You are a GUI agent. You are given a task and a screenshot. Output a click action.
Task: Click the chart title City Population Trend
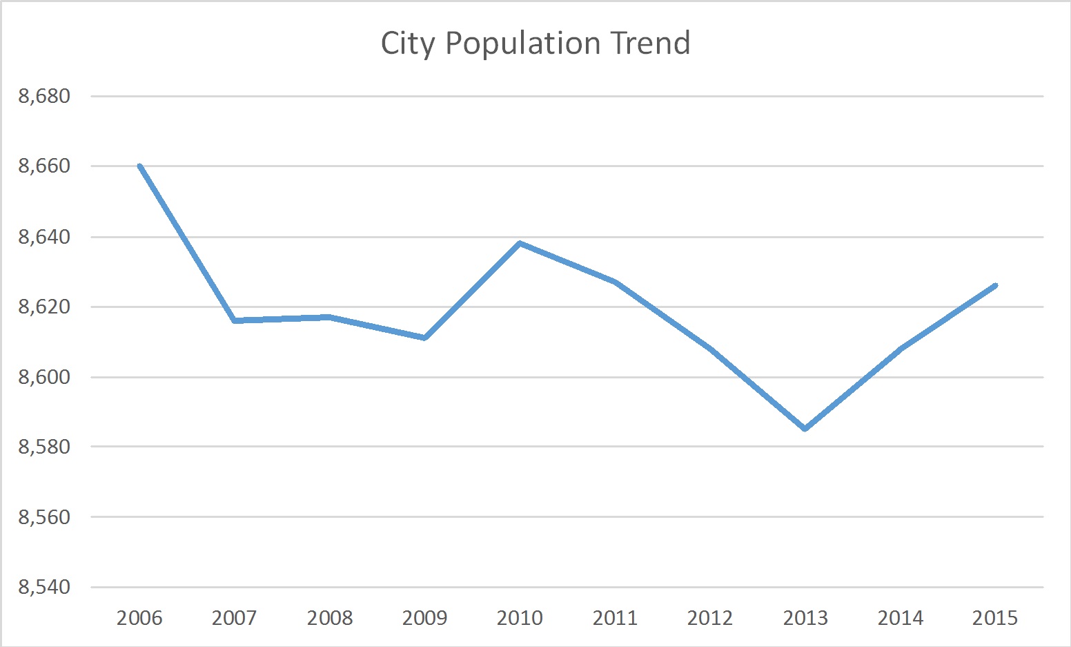(535, 44)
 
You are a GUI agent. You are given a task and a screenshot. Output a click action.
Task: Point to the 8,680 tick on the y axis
(45, 96)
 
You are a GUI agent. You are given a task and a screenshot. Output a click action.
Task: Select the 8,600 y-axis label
(45, 377)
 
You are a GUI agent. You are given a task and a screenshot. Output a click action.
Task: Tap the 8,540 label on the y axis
(45, 588)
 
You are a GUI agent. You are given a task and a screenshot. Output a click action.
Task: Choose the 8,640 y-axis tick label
(45, 237)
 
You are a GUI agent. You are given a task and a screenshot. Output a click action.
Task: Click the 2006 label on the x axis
(139, 617)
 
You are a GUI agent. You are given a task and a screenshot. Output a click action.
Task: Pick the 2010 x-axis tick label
(520, 617)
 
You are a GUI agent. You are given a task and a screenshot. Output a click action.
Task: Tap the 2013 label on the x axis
(805, 617)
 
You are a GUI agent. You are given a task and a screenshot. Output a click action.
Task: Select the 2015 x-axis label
(995, 617)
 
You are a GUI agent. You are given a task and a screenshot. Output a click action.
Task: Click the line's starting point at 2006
(139, 166)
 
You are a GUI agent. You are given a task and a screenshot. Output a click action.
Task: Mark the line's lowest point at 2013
(805, 429)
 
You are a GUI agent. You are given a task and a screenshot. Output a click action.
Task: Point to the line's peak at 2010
(520, 243)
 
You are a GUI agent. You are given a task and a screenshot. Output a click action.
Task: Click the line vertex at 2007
(235, 320)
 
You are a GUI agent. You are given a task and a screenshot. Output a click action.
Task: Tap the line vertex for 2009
(425, 338)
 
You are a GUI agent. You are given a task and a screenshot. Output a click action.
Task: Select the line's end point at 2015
(995, 285)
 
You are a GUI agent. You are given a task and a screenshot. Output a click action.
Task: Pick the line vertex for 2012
(710, 349)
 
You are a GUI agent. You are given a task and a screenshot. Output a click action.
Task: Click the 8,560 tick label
(45, 517)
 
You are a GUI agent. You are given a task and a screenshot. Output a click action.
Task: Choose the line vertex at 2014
(901, 349)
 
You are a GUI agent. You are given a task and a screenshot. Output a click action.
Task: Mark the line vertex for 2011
(615, 282)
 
